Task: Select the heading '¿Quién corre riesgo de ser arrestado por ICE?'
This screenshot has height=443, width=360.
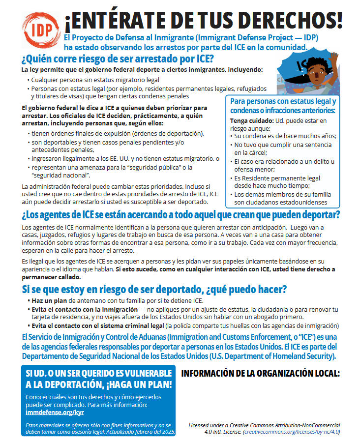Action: point(118,59)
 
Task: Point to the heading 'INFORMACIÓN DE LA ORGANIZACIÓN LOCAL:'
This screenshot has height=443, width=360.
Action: point(261,373)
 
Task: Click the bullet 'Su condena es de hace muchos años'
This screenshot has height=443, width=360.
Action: point(285,136)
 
